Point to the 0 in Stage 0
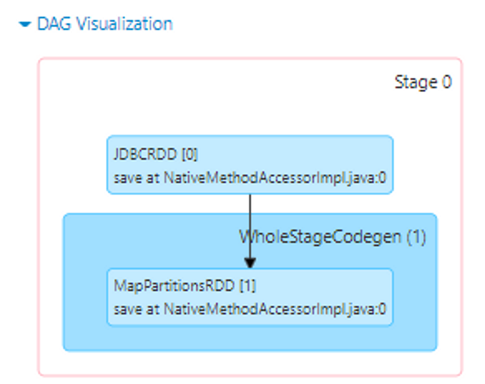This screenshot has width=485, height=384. click(x=446, y=82)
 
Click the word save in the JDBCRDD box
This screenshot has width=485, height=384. click(x=126, y=179)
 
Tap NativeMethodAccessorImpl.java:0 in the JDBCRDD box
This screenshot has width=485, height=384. click(x=274, y=179)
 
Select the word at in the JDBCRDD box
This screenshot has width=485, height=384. click(x=151, y=179)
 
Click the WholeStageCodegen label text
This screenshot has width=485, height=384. click(x=320, y=237)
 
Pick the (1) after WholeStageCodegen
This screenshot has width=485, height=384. click(x=416, y=237)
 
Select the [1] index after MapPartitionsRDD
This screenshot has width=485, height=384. click(x=247, y=286)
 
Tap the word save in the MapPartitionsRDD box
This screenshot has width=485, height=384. click(x=126, y=309)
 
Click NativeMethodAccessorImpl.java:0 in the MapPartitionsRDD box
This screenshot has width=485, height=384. click(x=274, y=309)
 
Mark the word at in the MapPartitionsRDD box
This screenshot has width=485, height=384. click(x=151, y=309)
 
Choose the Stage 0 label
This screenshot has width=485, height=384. click(x=423, y=82)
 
